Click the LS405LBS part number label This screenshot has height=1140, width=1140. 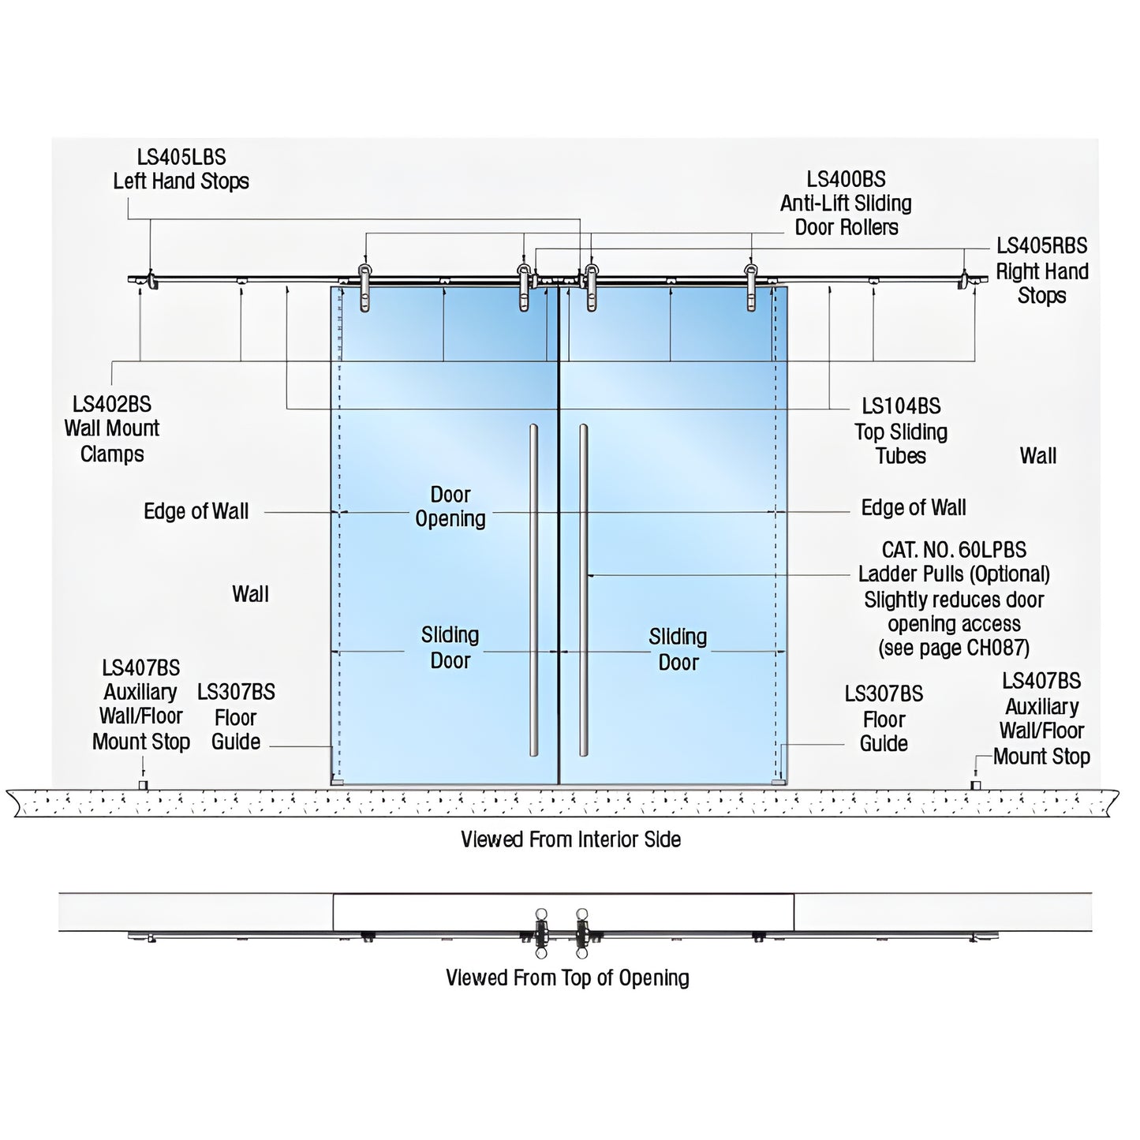coord(181,157)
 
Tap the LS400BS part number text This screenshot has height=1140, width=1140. coord(846,179)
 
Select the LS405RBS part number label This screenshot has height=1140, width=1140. coord(1041,246)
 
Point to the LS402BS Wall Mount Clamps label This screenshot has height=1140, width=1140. coord(112,428)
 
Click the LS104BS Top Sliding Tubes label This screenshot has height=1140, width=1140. coord(901,431)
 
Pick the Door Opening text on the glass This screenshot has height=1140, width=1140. coord(450,506)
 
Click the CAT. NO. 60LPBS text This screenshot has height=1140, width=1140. coord(954,550)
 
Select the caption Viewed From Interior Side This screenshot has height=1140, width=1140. coord(570,839)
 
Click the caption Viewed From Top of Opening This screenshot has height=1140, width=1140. coord(567,978)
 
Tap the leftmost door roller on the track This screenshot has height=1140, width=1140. coord(364,288)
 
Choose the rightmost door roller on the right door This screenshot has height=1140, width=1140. coord(751,288)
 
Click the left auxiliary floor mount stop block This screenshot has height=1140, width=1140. coord(143,785)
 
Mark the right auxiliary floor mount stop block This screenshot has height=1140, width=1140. coord(975,785)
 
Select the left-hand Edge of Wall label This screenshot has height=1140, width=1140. coord(196,511)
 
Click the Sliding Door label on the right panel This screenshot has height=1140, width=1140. coord(678,649)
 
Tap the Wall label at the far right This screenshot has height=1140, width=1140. coord(1037,456)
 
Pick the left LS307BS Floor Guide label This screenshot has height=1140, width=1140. coord(236,717)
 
